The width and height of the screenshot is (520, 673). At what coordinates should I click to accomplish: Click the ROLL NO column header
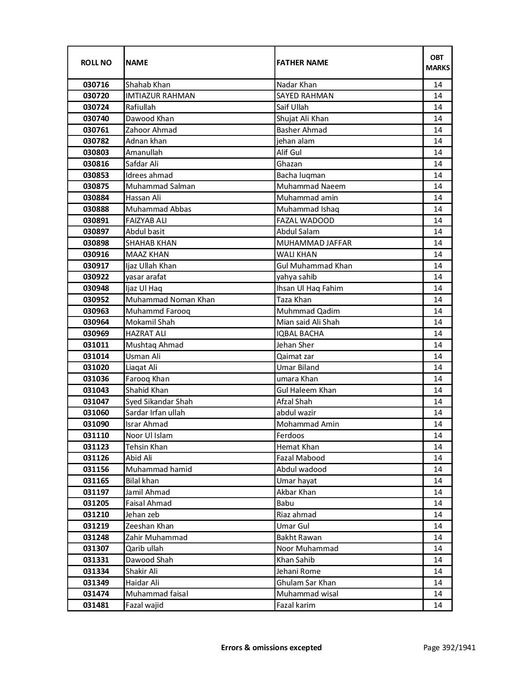(x=96, y=63)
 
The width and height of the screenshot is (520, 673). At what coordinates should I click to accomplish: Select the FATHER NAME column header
(x=302, y=63)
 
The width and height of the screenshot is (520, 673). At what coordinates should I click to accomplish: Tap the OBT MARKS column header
(x=438, y=63)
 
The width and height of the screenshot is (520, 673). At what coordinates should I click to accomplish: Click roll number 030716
(x=96, y=85)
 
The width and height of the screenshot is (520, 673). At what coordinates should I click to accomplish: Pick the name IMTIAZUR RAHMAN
(x=160, y=96)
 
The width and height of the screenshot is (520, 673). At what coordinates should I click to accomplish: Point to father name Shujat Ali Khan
(x=302, y=119)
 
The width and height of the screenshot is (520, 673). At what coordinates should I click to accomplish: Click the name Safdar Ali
(x=142, y=164)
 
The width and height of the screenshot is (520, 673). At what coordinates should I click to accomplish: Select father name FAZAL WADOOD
(x=305, y=221)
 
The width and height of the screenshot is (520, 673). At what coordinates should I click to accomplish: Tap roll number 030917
(x=96, y=266)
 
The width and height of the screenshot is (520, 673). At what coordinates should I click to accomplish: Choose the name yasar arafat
(x=146, y=277)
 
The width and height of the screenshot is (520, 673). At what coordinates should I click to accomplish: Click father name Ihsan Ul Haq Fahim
(x=310, y=288)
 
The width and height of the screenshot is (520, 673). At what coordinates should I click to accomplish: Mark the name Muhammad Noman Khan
(x=170, y=300)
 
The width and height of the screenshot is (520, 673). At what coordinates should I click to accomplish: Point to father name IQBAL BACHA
(x=300, y=334)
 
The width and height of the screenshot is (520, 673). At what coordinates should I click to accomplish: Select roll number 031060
(x=96, y=413)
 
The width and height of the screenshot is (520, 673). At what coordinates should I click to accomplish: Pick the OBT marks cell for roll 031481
(x=438, y=605)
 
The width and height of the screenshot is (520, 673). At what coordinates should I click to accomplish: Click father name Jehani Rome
(x=299, y=571)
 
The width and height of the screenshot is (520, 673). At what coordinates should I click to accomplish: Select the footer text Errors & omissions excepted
(x=271, y=647)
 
